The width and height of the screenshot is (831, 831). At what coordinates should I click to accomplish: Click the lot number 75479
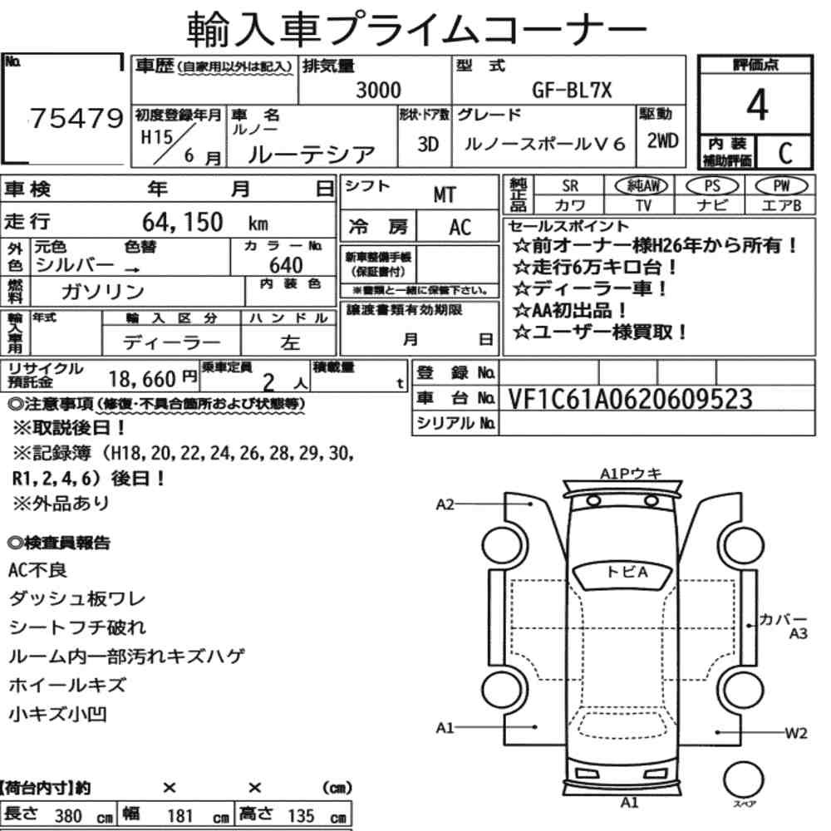click(76, 118)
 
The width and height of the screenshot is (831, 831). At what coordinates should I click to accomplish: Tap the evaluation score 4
click(757, 105)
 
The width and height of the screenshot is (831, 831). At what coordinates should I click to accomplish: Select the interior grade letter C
click(785, 153)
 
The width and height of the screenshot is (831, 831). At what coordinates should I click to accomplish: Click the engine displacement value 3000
click(378, 90)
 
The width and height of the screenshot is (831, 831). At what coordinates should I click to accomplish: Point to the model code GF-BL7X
click(572, 90)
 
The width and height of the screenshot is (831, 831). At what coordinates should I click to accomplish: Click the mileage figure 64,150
click(182, 222)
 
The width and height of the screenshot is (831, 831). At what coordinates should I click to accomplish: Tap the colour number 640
click(286, 265)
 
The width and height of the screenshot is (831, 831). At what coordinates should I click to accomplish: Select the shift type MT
click(444, 195)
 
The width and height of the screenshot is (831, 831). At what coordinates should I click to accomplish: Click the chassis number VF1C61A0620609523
click(630, 399)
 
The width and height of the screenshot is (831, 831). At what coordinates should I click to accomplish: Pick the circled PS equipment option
click(712, 186)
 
